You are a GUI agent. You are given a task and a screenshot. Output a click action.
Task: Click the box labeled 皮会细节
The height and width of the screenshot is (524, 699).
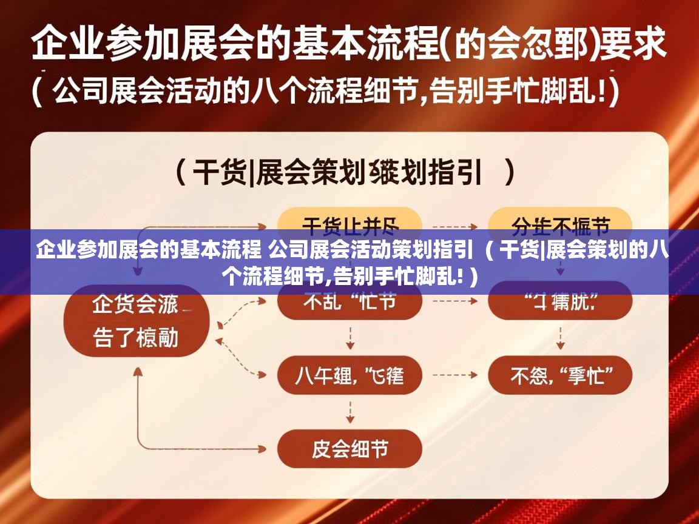point(349,449)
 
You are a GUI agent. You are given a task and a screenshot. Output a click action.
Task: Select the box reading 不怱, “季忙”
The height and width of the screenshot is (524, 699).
point(560,377)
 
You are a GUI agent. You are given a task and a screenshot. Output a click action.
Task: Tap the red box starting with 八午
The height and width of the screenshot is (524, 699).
point(349,377)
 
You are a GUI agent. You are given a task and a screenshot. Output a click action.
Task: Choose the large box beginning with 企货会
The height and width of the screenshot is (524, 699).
point(137,321)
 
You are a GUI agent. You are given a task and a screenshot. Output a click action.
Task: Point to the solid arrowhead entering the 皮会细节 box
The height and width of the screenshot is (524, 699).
point(262,449)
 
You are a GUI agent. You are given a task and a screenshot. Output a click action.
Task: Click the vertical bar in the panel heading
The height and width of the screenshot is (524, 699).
point(251,174)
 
